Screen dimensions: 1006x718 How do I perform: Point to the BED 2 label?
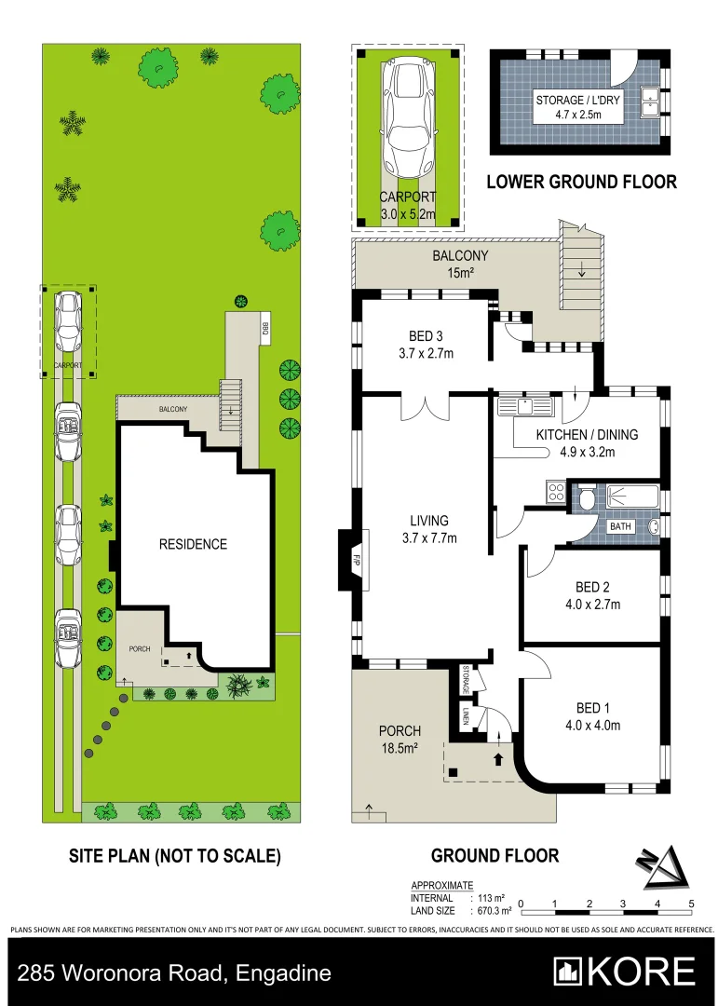click(592, 595)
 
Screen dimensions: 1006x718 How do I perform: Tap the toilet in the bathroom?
click(587, 500)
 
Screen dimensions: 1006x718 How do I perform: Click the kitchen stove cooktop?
click(556, 491)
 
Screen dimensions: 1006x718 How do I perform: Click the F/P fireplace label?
click(356, 562)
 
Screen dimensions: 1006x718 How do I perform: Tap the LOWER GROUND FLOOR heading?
click(581, 182)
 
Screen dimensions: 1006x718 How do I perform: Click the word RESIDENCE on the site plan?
click(192, 544)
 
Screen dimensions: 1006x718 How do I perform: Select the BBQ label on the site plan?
click(265, 327)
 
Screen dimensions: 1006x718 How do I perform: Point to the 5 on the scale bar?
click(691, 904)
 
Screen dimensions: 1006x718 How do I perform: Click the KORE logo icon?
click(568, 972)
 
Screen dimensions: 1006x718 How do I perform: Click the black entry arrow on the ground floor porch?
click(496, 759)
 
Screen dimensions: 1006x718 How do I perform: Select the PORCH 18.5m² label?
click(399, 739)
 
